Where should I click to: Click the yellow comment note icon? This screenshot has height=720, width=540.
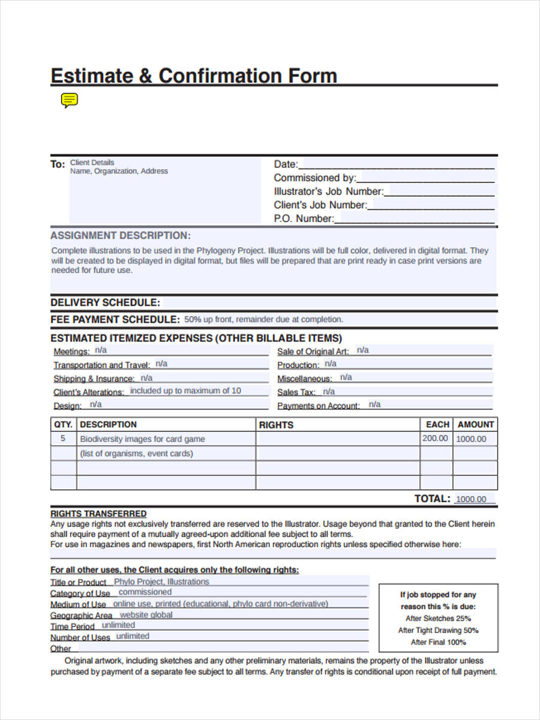pyautogui.click(x=70, y=100)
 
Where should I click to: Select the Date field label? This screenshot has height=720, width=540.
pyautogui.click(x=286, y=164)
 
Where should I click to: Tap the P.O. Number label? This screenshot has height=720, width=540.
pyautogui.click(x=304, y=219)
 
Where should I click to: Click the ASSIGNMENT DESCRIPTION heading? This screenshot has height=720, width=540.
pyautogui.click(x=121, y=236)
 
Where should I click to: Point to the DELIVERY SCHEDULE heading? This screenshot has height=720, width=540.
pyautogui.click(x=105, y=302)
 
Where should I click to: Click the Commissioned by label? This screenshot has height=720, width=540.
pyautogui.click(x=315, y=178)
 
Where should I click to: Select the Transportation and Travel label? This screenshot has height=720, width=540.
pyautogui.click(x=102, y=365)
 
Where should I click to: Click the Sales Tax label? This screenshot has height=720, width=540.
pyautogui.click(x=296, y=392)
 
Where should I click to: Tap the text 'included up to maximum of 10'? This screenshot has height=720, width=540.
pyautogui.click(x=185, y=391)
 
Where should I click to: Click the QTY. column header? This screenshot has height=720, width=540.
pyautogui.click(x=63, y=424)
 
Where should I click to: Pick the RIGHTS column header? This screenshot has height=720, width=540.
pyautogui.click(x=276, y=425)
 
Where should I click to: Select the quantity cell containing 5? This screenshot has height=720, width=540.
pyautogui.click(x=63, y=439)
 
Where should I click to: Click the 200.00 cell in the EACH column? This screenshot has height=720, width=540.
pyautogui.click(x=435, y=439)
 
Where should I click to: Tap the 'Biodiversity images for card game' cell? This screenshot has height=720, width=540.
pyautogui.click(x=142, y=439)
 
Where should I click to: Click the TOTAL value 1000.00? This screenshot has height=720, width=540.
pyautogui.click(x=471, y=499)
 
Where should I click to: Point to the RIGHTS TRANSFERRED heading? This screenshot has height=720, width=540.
pyautogui.click(x=98, y=514)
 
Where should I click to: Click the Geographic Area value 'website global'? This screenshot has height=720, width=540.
pyautogui.click(x=146, y=615)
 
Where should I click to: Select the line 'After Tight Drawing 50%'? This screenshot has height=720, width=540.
pyautogui.click(x=438, y=631)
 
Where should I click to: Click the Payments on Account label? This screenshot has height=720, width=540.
pyautogui.click(x=319, y=406)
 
